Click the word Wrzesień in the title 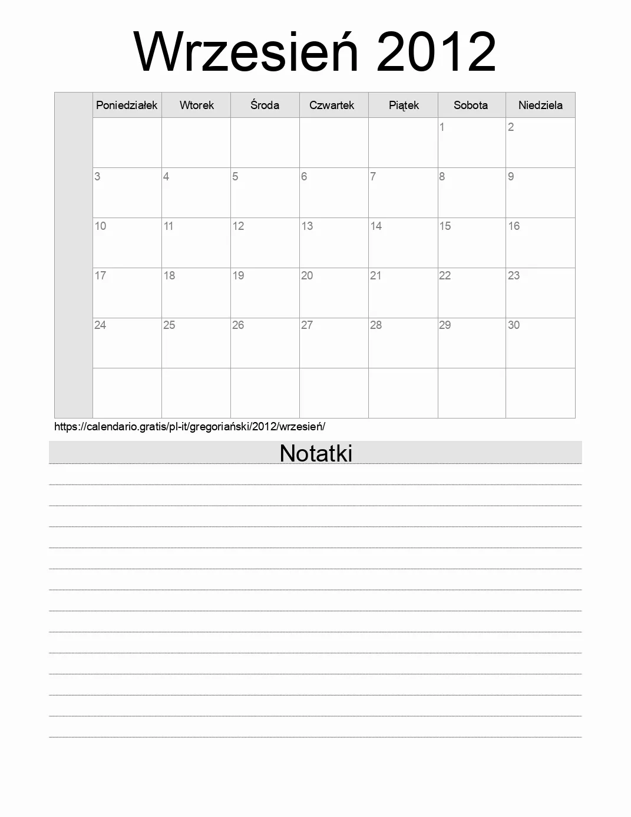[x=246, y=52]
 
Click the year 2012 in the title [x=436, y=52]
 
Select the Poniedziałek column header [x=127, y=106]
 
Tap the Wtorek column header [x=197, y=106]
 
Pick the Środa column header [x=265, y=106]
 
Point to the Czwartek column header [x=332, y=106]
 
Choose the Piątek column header [x=404, y=106]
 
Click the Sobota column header [x=471, y=106]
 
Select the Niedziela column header [x=540, y=106]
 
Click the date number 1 [x=442, y=127]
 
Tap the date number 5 [x=235, y=176]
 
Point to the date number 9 [x=511, y=176]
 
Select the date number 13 [x=307, y=226]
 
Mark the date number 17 [x=100, y=275]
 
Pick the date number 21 [x=376, y=275]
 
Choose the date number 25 [x=169, y=325]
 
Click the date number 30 [x=514, y=325]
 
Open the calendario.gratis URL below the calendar [x=190, y=426]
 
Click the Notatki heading [x=316, y=453]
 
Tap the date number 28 [x=376, y=325]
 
